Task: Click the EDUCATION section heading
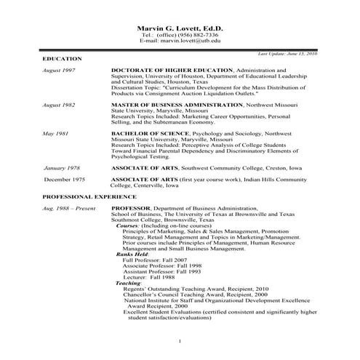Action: click(62, 58)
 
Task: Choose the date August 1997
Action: click(59, 71)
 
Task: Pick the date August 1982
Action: click(59, 105)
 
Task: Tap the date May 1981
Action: click(55, 135)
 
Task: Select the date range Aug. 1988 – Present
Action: click(68, 209)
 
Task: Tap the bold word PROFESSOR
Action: click(131, 209)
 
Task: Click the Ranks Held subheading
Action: click(132, 254)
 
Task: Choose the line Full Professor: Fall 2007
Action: click(156, 260)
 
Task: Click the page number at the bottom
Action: click(179, 341)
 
